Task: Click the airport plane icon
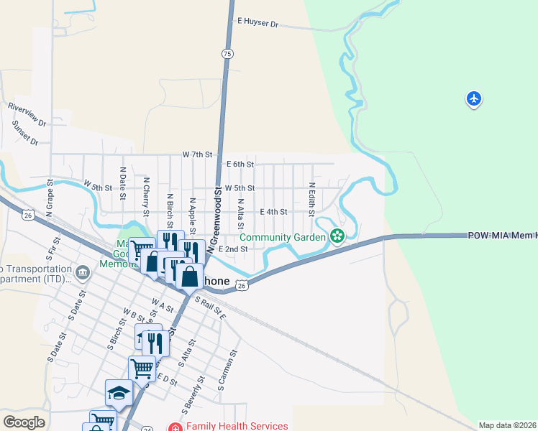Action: [x=473, y=98]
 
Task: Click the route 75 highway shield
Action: [x=227, y=54]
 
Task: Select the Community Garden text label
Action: [x=283, y=237]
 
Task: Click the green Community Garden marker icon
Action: [x=336, y=236]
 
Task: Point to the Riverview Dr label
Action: [x=27, y=113]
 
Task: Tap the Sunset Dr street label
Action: [x=25, y=133]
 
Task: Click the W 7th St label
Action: [x=198, y=154]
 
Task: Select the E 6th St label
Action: [x=240, y=164]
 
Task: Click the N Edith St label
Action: [x=312, y=200]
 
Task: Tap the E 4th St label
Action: [x=273, y=212]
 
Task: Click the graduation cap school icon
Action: [x=119, y=393]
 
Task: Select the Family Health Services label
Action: [x=237, y=426]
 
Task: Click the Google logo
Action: [x=24, y=422]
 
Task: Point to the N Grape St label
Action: [x=50, y=200]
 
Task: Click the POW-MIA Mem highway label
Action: [x=502, y=236]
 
